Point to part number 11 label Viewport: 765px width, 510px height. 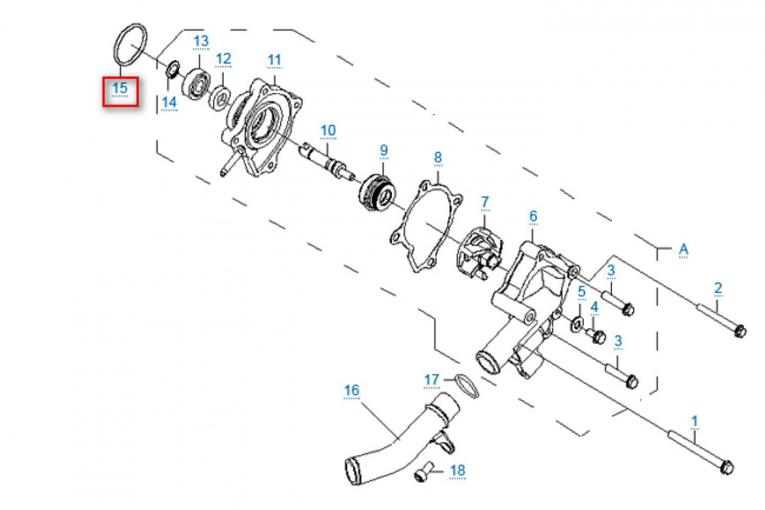point(274,61)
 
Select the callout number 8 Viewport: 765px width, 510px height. point(438,157)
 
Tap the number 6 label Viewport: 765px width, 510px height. point(533,217)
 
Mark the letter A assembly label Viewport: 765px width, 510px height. point(683,249)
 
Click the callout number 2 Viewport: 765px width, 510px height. point(718,288)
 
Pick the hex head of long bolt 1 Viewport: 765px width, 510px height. point(726,468)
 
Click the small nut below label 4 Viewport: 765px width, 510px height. point(598,337)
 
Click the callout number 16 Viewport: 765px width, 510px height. point(352,390)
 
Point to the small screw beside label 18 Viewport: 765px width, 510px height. point(422,473)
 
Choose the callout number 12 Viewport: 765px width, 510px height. point(223,59)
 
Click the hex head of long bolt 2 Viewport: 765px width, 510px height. point(739,331)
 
